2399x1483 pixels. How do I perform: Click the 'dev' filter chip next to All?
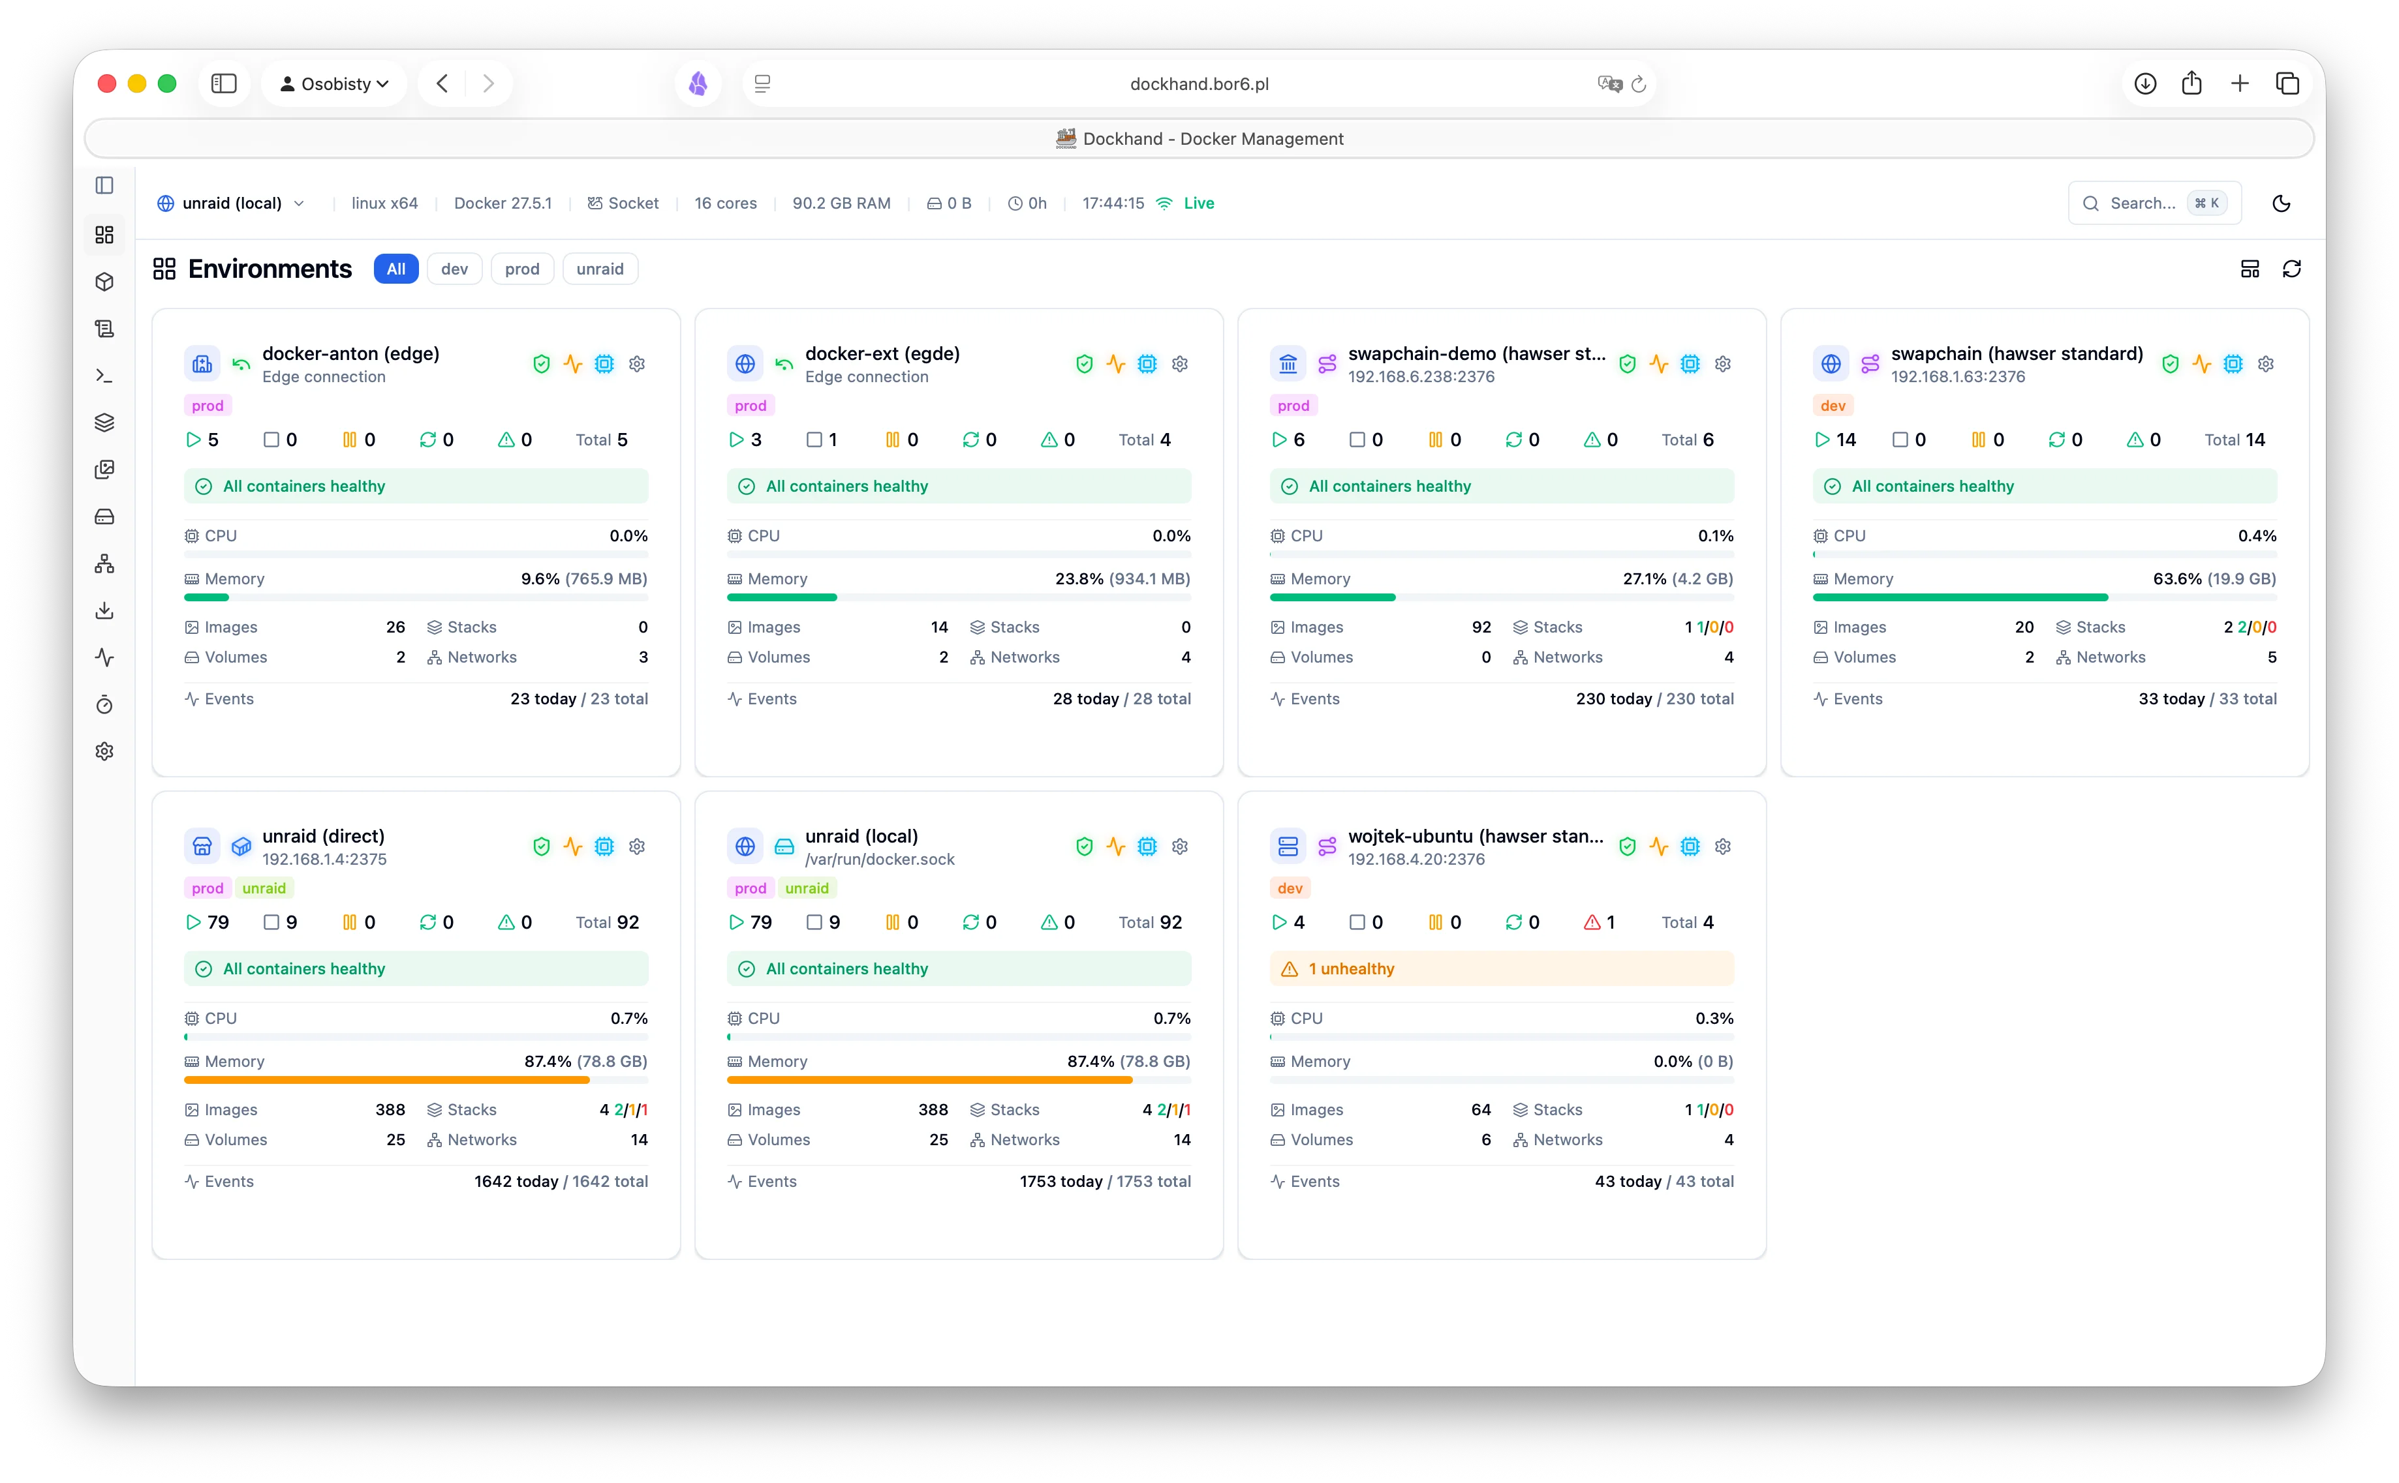pyautogui.click(x=454, y=269)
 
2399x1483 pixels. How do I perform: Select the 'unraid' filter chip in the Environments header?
pyautogui.click(x=600, y=269)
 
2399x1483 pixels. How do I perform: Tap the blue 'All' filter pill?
pyautogui.click(x=395, y=269)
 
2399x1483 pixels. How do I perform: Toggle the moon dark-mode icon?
pyautogui.click(x=2282, y=203)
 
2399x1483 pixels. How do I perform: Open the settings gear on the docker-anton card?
pyautogui.click(x=637, y=364)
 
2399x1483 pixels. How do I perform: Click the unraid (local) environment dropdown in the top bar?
pyautogui.click(x=232, y=203)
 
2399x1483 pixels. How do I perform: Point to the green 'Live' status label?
pyautogui.click(x=1198, y=203)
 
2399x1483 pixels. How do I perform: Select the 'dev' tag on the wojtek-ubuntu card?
pyautogui.click(x=1290, y=888)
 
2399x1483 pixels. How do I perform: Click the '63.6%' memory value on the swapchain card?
pyautogui.click(x=2176, y=578)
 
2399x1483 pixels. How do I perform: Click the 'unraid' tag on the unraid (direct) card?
pyautogui.click(x=264, y=888)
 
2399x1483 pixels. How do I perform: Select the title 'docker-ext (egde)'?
pyautogui.click(x=882, y=353)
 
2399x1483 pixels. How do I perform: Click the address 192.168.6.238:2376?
pyautogui.click(x=1421, y=377)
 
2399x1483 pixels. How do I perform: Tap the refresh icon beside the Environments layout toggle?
pyautogui.click(x=2291, y=269)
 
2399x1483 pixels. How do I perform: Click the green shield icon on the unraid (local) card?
pyautogui.click(x=1084, y=846)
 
